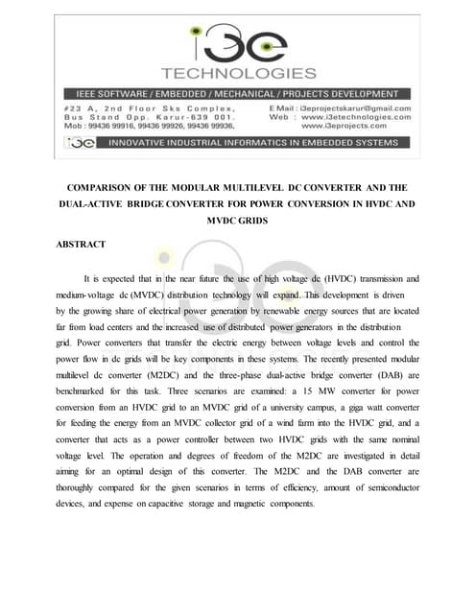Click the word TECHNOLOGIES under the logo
[x=238, y=74]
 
